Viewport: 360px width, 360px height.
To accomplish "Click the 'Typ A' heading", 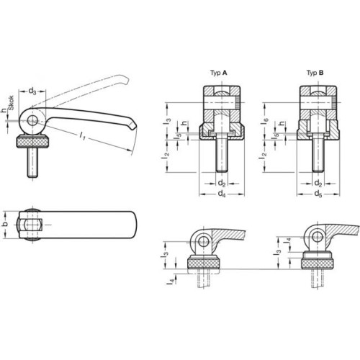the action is (x=218, y=73).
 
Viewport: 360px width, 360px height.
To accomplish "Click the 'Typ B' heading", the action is (x=315, y=73).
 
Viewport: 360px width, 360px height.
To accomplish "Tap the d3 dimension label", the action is (x=32, y=91).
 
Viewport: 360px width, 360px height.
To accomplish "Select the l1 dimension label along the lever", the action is (x=82, y=136).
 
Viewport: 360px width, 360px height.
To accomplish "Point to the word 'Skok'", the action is (x=12, y=103).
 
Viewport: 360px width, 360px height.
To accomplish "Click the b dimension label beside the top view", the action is (x=5, y=224).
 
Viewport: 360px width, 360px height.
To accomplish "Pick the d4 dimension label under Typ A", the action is (x=222, y=194).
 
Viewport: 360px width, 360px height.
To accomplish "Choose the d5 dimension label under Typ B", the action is (x=318, y=194).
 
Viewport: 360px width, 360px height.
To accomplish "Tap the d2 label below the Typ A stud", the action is (x=222, y=184).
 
